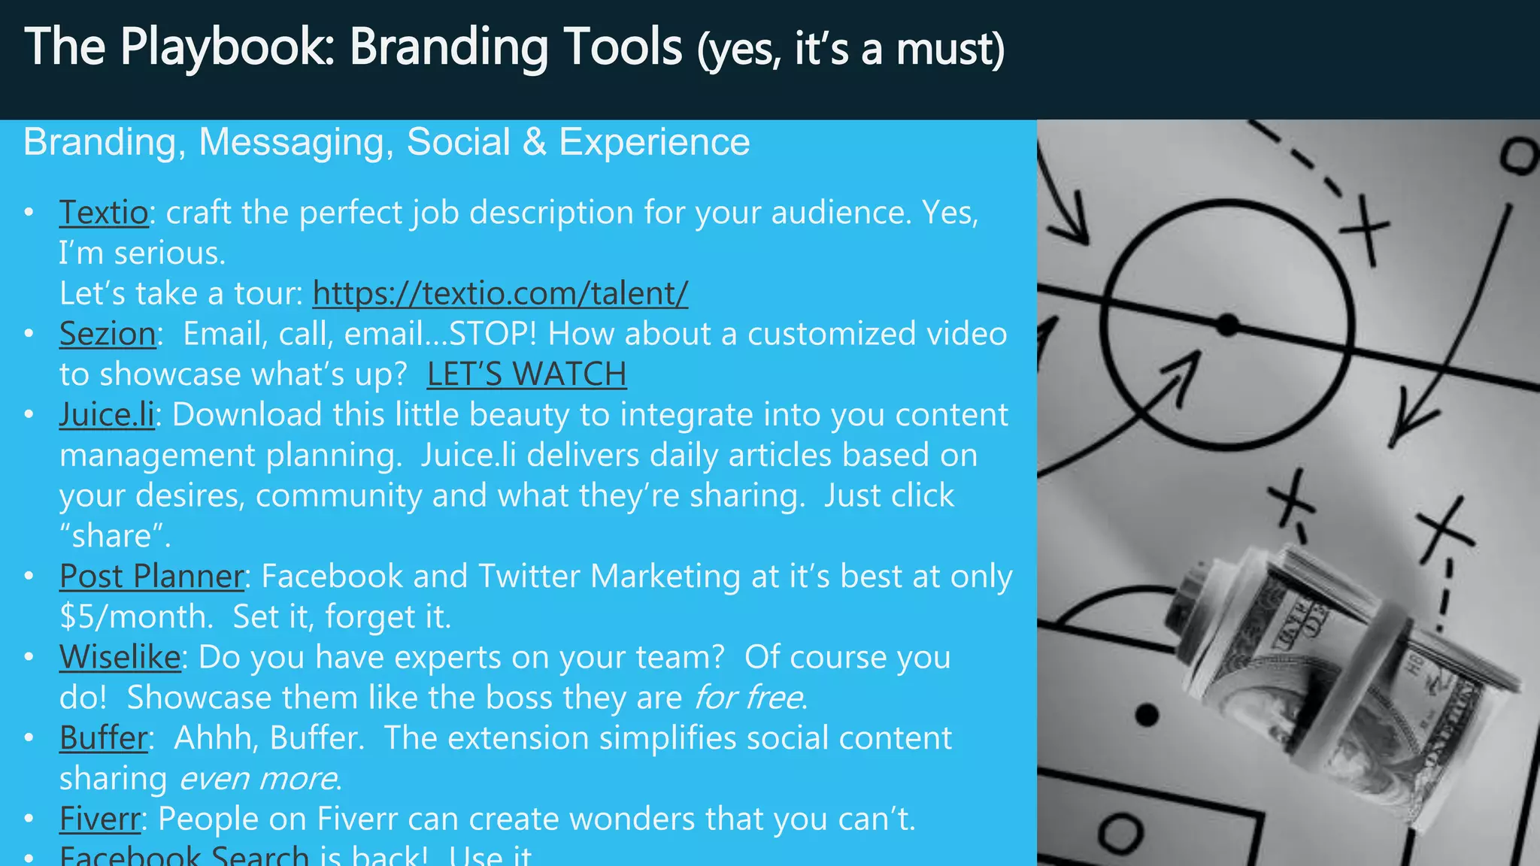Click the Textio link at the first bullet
104,213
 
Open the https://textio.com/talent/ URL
500,293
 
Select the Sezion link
108,334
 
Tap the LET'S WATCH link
526,374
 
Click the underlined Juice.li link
107,415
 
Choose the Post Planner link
152,577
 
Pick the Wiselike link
120,657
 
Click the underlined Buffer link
104,738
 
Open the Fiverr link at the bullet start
100,819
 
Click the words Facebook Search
184,855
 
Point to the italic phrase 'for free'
747,698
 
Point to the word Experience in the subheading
654,142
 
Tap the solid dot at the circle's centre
1227,325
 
